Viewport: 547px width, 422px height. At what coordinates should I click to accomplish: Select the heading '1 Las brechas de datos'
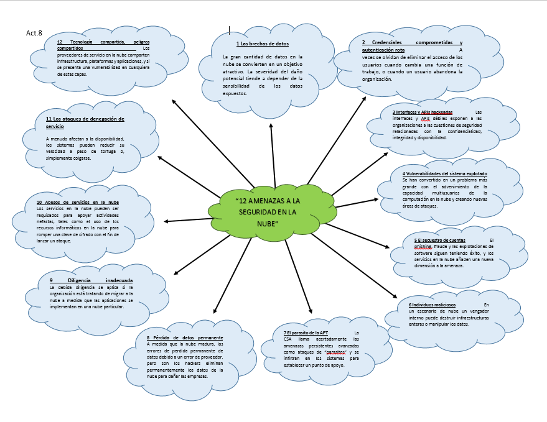click(x=263, y=44)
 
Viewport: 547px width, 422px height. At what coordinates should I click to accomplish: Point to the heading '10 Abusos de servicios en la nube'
click(x=78, y=203)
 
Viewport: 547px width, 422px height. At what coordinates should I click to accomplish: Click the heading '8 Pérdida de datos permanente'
click(x=184, y=337)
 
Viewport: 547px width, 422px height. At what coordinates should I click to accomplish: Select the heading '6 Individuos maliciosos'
click(x=432, y=305)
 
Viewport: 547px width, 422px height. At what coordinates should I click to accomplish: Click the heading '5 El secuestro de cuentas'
click(x=439, y=240)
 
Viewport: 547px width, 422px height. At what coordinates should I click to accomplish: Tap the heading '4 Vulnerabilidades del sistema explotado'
click(x=444, y=173)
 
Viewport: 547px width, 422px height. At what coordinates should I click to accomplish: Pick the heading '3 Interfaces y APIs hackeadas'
click(x=422, y=112)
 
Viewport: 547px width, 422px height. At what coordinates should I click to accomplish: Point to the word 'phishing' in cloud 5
click(x=409, y=247)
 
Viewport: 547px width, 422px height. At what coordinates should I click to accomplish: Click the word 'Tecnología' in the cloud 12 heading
click(x=85, y=42)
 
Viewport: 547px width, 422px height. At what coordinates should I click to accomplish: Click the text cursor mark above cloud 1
click(x=230, y=29)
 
